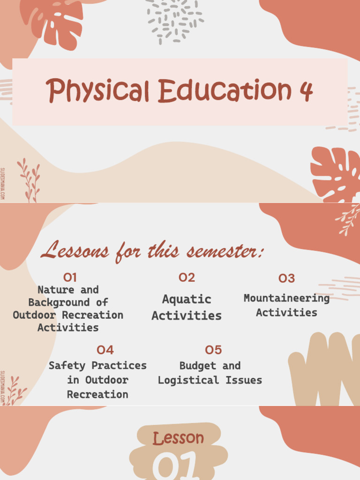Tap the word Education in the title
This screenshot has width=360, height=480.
pyautogui.click(x=225, y=90)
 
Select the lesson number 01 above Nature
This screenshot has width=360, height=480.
pyautogui.click(x=70, y=277)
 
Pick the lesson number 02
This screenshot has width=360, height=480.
pyautogui.click(x=187, y=277)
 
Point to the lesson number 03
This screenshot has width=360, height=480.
pyautogui.click(x=286, y=278)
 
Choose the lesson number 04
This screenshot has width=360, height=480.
pyautogui.click(x=105, y=350)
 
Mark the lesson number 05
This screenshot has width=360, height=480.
pyautogui.click(x=213, y=350)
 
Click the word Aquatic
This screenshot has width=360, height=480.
pyautogui.click(x=187, y=299)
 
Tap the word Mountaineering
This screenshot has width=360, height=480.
pyautogui.click(x=286, y=298)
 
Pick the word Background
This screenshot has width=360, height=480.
pyautogui.click(x=59, y=302)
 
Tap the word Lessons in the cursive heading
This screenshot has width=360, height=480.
pyautogui.click(x=75, y=251)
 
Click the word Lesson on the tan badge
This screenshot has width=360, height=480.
pyautogui.click(x=178, y=438)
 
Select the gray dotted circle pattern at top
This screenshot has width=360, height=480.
pyautogui.click(x=174, y=21)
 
